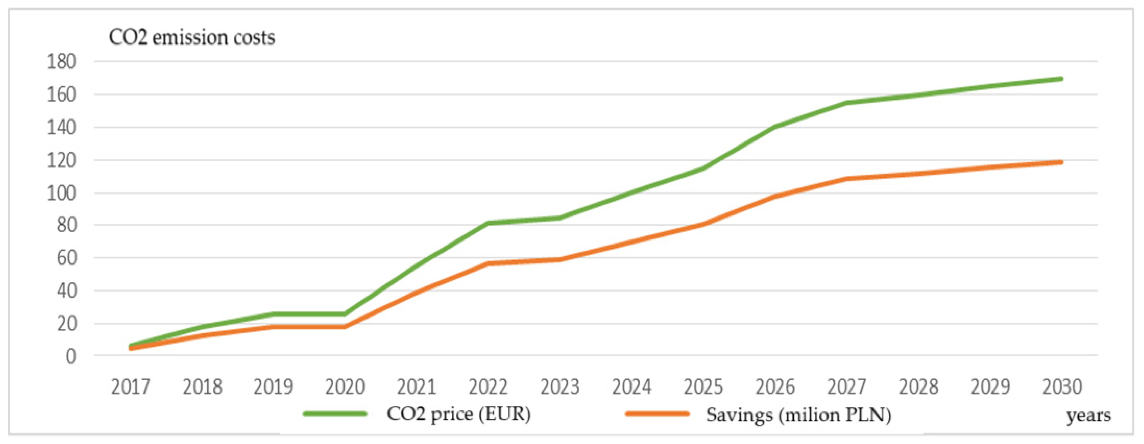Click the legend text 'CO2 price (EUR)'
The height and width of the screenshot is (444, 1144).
coord(459,414)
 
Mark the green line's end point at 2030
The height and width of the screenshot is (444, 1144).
coord(1061,79)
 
